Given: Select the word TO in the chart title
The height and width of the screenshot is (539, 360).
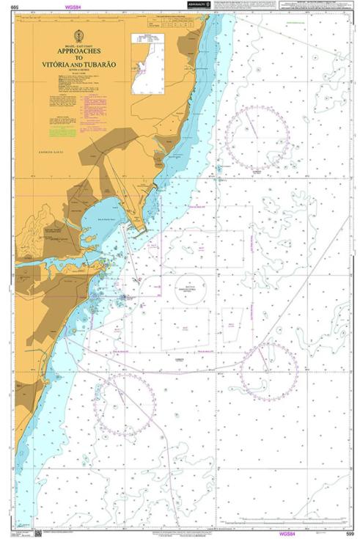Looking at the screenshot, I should [79, 58].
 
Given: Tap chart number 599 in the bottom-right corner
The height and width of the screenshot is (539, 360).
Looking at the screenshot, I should [350, 533].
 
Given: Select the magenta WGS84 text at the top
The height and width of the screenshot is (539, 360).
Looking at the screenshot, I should [73, 7].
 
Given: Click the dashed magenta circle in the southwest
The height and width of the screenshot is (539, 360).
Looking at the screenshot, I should [126, 404].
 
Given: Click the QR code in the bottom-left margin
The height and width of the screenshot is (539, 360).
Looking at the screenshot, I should [37, 532].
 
